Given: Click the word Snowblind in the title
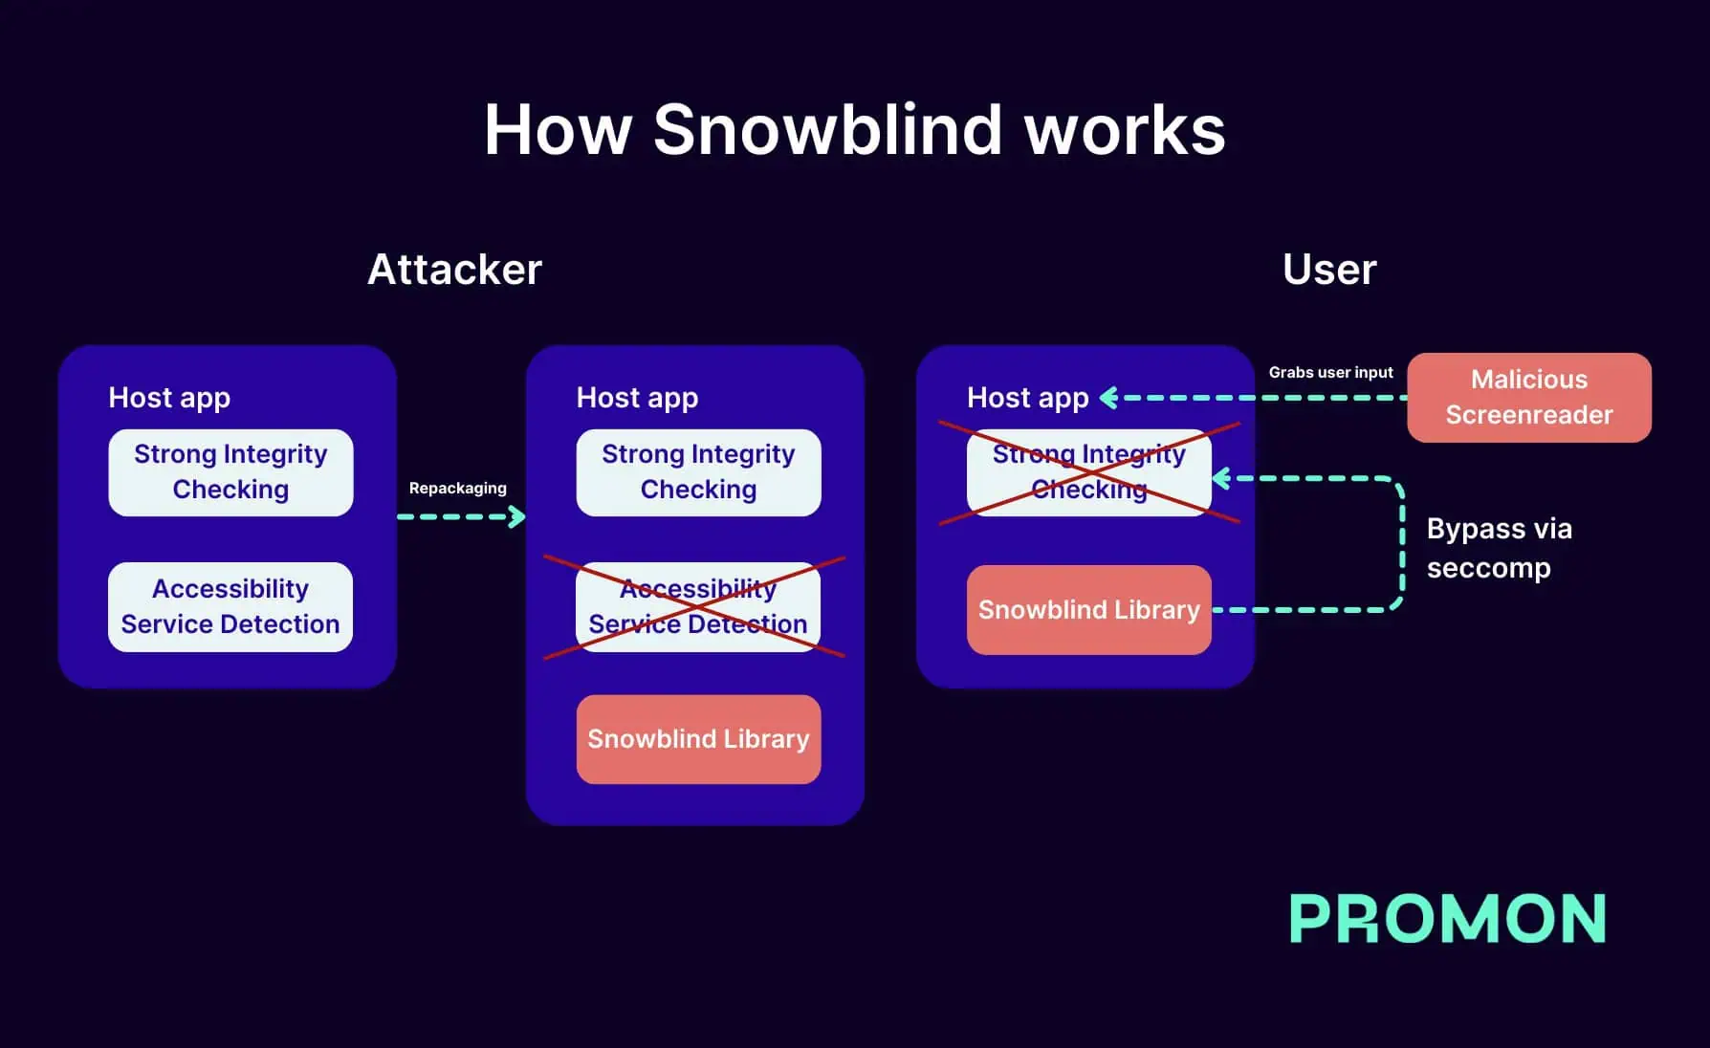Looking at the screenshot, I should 828,130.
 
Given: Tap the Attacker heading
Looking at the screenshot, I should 454,270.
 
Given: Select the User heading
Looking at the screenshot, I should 1328,270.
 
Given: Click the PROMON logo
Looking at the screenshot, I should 1447,919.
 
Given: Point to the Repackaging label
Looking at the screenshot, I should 457,488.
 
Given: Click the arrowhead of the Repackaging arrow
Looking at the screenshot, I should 518,517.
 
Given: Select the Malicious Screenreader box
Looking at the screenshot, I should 1528,397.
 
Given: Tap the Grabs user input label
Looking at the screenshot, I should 1330,372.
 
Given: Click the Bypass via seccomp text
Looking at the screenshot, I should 1498,548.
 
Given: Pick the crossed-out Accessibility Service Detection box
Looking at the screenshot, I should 697,607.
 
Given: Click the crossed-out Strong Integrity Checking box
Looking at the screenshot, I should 1088,472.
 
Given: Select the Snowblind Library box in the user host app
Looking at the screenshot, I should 1088,610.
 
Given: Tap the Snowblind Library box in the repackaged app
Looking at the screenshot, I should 697,739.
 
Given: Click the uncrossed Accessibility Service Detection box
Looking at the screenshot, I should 230,607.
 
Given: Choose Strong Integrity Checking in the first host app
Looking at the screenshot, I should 230,472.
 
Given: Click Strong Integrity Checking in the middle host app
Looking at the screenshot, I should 697,472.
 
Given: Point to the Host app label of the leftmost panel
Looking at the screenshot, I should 169,398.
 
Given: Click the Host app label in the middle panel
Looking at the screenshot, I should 637,398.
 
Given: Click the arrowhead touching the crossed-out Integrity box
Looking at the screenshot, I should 1221,478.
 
